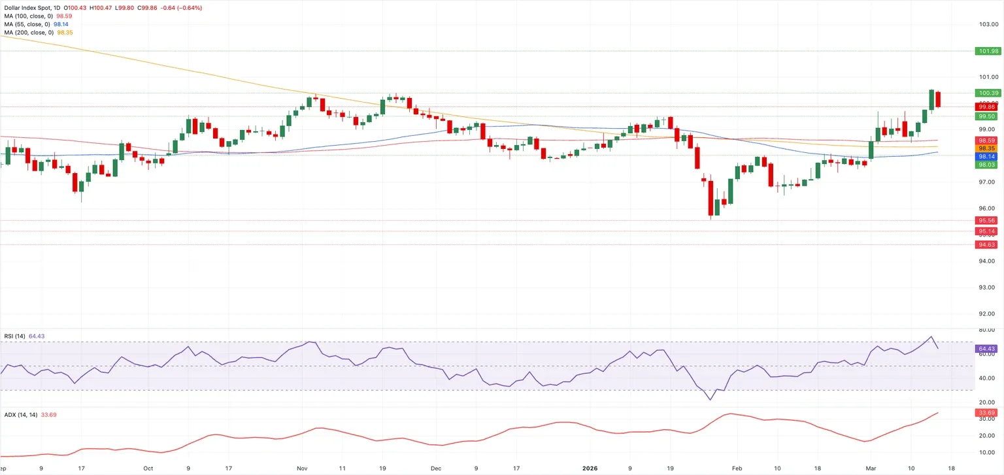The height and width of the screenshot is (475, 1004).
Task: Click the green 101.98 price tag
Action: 988,51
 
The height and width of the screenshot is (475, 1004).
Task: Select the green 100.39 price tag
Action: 988,93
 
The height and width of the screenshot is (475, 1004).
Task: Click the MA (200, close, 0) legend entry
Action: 39,33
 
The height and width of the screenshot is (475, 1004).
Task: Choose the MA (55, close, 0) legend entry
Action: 37,24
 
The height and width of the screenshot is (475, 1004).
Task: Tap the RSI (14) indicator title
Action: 15,336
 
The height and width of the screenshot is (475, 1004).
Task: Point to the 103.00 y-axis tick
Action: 988,24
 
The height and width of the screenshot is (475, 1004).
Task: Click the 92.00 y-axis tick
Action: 988,314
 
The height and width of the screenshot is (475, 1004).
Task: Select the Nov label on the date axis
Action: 302,468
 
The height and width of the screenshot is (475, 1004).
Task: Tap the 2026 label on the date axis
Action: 590,468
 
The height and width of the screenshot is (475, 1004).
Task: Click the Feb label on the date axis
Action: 737,468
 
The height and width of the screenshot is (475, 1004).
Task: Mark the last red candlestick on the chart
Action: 938,99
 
